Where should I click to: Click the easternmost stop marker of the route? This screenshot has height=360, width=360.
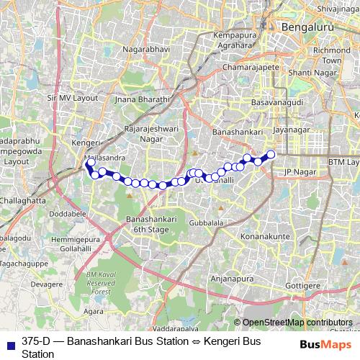click(x=271, y=154)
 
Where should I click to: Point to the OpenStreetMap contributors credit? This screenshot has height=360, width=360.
click(x=297, y=323)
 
